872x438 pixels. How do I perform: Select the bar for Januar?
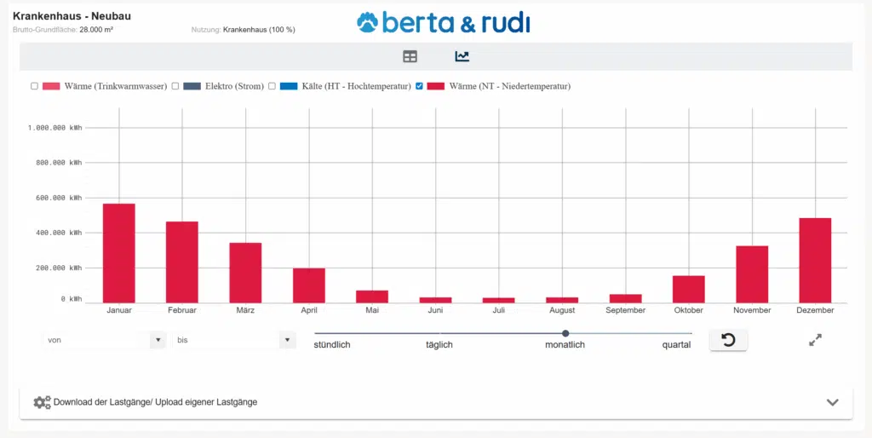pyautogui.click(x=119, y=253)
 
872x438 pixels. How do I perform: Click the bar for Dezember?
pyautogui.click(x=815, y=260)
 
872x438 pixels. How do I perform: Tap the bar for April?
pyautogui.click(x=309, y=285)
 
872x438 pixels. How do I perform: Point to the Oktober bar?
pyautogui.click(x=688, y=289)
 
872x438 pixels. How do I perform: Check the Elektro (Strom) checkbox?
pyautogui.click(x=175, y=86)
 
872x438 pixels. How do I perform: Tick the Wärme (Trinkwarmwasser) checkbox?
pyautogui.click(x=34, y=86)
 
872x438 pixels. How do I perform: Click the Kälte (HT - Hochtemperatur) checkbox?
pyautogui.click(x=272, y=86)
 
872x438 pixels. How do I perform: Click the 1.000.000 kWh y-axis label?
pyautogui.click(x=55, y=128)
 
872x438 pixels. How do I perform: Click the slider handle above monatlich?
pyautogui.click(x=565, y=333)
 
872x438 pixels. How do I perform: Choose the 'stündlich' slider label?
pyautogui.click(x=332, y=345)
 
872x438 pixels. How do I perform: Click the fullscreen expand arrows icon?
pyautogui.click(x=815, y=340)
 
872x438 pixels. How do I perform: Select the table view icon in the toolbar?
pyautogui.click(x=410, y=56)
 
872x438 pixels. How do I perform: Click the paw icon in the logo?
pyautogui.click(x=367, y=21)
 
